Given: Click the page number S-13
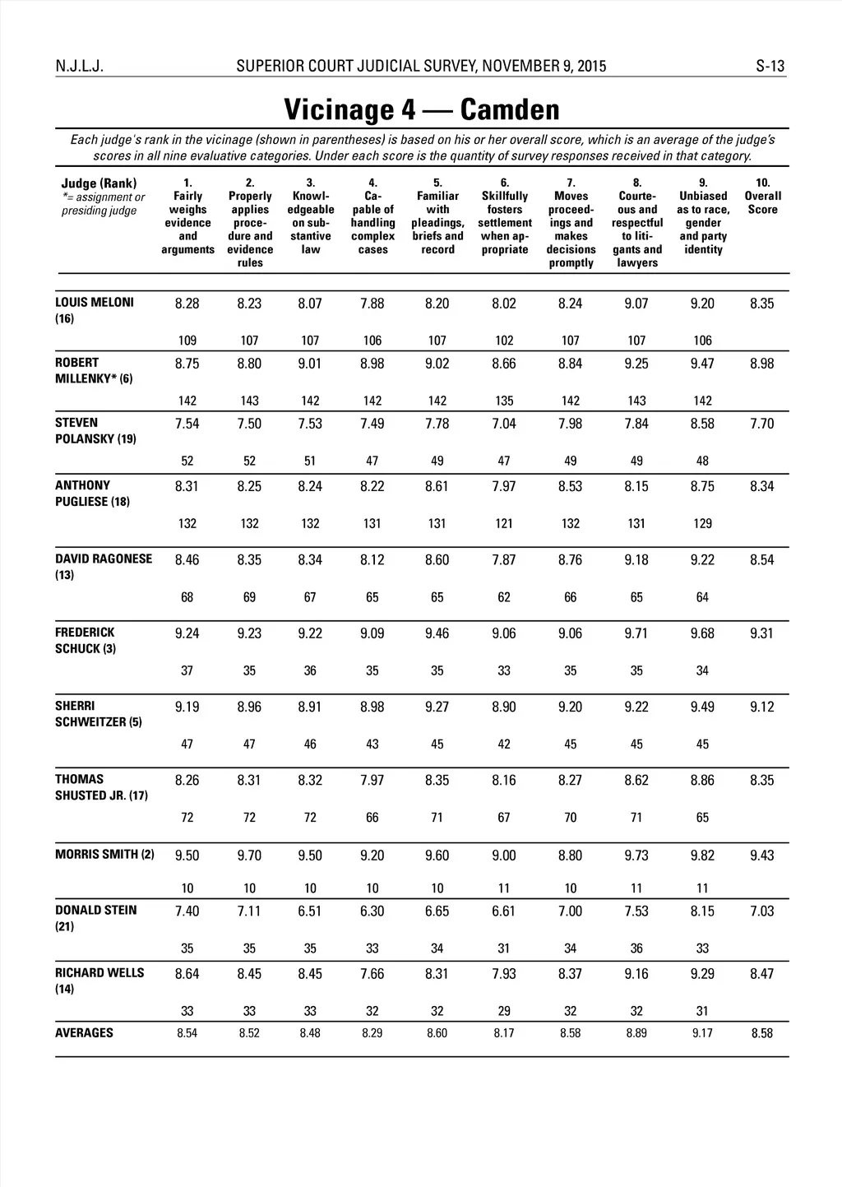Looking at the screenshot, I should pyautogui.click(x=770, y=67).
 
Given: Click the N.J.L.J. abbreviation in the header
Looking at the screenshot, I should pyautogui.click(x=80, y=67).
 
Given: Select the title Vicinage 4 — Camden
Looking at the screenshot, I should pyautogui.click(x=421, y=109).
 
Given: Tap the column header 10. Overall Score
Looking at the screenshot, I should pyautogui.click(x=762, y=197).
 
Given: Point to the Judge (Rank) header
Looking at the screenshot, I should pyautogui.click(x=99, y=183).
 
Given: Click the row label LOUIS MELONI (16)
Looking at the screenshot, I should pyautogui.click(x=94, y=310).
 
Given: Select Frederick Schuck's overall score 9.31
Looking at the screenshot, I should pyautogui.click(x=761, y=633).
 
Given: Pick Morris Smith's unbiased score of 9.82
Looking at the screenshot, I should pyautogui.click(x=702, y=855).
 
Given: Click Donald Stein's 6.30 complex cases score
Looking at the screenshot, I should pyautogui.click(x=372, y=911).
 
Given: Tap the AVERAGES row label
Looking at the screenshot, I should pyautogui.click(x=84, y=1033).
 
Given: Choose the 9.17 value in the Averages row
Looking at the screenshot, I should pyautogui.click(x=702, y=1033).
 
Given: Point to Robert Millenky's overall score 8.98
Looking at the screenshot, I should pyautogui.click(x=761, y=364).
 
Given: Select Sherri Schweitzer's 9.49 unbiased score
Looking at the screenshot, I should pyautogui.click(x=702, y=707).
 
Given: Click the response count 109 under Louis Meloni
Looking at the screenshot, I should pyautogui.click(x=187, y=341).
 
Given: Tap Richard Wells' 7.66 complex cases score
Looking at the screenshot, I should pyautogui.click(x=372, y=974).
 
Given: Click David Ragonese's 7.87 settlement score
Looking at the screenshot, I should pyautogui.click(x=504, y=559).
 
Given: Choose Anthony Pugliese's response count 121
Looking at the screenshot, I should pyautogui.click(x=504, y=523).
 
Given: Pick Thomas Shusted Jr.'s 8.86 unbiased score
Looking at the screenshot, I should pyautogui.click(x=702, y=780).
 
